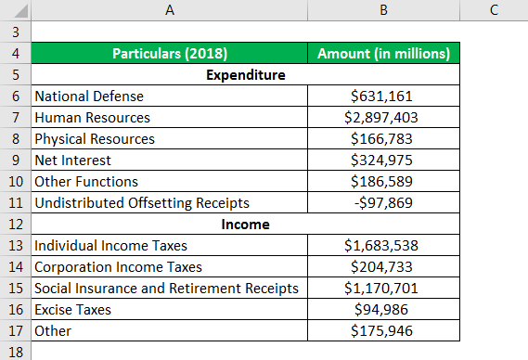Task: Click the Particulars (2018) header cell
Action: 169,53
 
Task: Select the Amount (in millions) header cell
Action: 383,53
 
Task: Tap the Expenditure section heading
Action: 245,74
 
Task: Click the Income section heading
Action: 245,224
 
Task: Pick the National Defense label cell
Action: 89,96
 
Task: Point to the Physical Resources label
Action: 95,138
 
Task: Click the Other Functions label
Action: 86,181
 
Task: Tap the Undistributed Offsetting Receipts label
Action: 140,202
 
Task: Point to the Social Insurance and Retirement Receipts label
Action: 166,288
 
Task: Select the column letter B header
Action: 383,9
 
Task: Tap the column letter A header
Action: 169,9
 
